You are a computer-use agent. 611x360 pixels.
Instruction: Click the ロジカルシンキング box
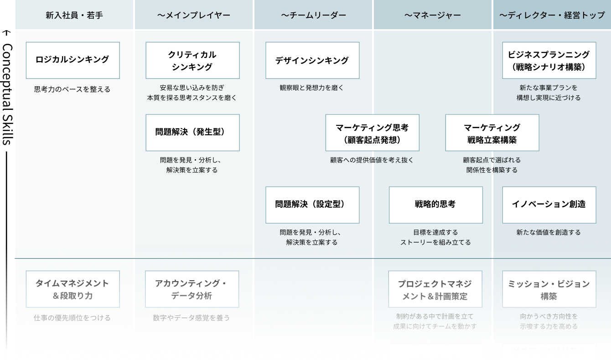pos(72,60)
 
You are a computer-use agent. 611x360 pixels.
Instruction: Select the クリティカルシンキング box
pos(192,60)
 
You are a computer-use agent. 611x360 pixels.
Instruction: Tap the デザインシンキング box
pos(312,60)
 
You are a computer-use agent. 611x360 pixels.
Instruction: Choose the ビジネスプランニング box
pos(549,60)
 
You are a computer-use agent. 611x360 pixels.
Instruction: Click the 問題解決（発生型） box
pos(192,132)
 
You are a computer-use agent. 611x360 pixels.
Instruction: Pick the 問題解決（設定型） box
pos(312,205)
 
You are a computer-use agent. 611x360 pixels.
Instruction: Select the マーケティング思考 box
pos(372,132)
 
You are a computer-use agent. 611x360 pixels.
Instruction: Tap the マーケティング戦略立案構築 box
pos(492,132)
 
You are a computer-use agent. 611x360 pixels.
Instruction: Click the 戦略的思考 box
pos(435,205)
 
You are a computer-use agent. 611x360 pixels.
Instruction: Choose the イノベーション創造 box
pos(549,205)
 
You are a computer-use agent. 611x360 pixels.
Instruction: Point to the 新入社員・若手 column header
pos(74,16)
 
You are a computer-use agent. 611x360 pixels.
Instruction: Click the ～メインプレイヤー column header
pos(194,16)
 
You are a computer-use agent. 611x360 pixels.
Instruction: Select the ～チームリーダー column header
pos(314,16)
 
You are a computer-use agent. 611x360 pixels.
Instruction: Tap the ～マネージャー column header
pos(433,16)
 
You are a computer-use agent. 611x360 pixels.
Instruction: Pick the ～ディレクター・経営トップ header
pos(552,16)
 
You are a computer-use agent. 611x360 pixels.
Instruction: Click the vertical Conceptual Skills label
pos(7,94)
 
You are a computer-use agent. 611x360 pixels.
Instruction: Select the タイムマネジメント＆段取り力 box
pos(72,289)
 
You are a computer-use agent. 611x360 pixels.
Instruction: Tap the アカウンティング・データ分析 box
pos(192,289)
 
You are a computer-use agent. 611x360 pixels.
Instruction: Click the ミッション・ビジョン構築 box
pos(549,289)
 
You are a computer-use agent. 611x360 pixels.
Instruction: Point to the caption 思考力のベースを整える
pos(72,89)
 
